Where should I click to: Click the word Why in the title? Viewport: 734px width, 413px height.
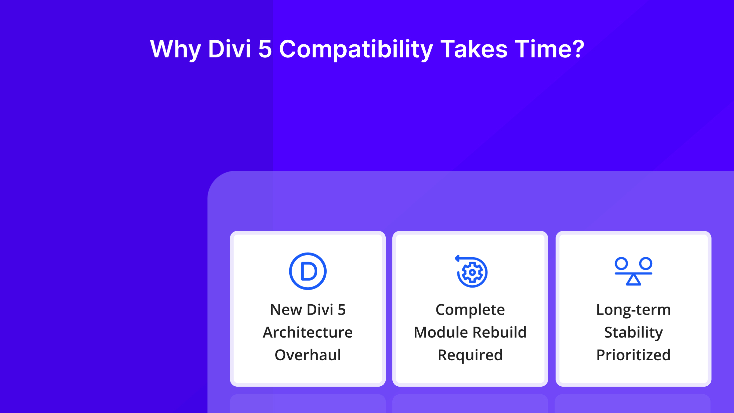pyautogui.click(x=175, y=49)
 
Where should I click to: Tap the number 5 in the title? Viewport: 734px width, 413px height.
pyautogui.click(x=265, y=49)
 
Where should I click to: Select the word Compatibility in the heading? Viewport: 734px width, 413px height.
pyautogui.click(x=356, y=49)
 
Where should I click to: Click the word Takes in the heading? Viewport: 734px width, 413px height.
pyautogui.click(x=474, y=49)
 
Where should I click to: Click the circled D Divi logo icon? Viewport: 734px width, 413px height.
pyautogui.click(x=308, y=271)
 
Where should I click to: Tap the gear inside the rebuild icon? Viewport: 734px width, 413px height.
pyautogui.click(x=472, y=272)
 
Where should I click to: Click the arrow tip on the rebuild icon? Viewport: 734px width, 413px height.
pyautogui.click(x=456, y=258)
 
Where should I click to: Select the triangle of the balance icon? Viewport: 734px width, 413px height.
pyautogui.click(x=633, y=280)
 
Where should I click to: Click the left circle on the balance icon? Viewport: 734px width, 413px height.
pyautogui.click(x=621, y=263)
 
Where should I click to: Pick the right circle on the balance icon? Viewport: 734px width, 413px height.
pyautogui.click(x=646, y=263)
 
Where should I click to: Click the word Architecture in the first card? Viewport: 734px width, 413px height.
pyautogui.click(x=308, y=332)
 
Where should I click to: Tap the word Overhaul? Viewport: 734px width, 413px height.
pyautogui.click(x=308, y=355)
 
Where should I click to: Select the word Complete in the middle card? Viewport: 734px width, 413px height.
pyautogui.click(x=470, y=310)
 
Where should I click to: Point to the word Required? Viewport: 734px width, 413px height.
pyautogui.click(x=470, y=355)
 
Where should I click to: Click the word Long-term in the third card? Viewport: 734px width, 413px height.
pyautogui.click(x=633, y=310)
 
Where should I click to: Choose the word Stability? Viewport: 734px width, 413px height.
pyautogui.click(x=633, y=332)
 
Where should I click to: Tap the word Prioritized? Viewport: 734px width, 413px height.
pyautogui.click(x=633, y=355)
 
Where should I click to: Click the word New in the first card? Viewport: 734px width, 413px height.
pyautogui.click(x=286, y=310)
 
